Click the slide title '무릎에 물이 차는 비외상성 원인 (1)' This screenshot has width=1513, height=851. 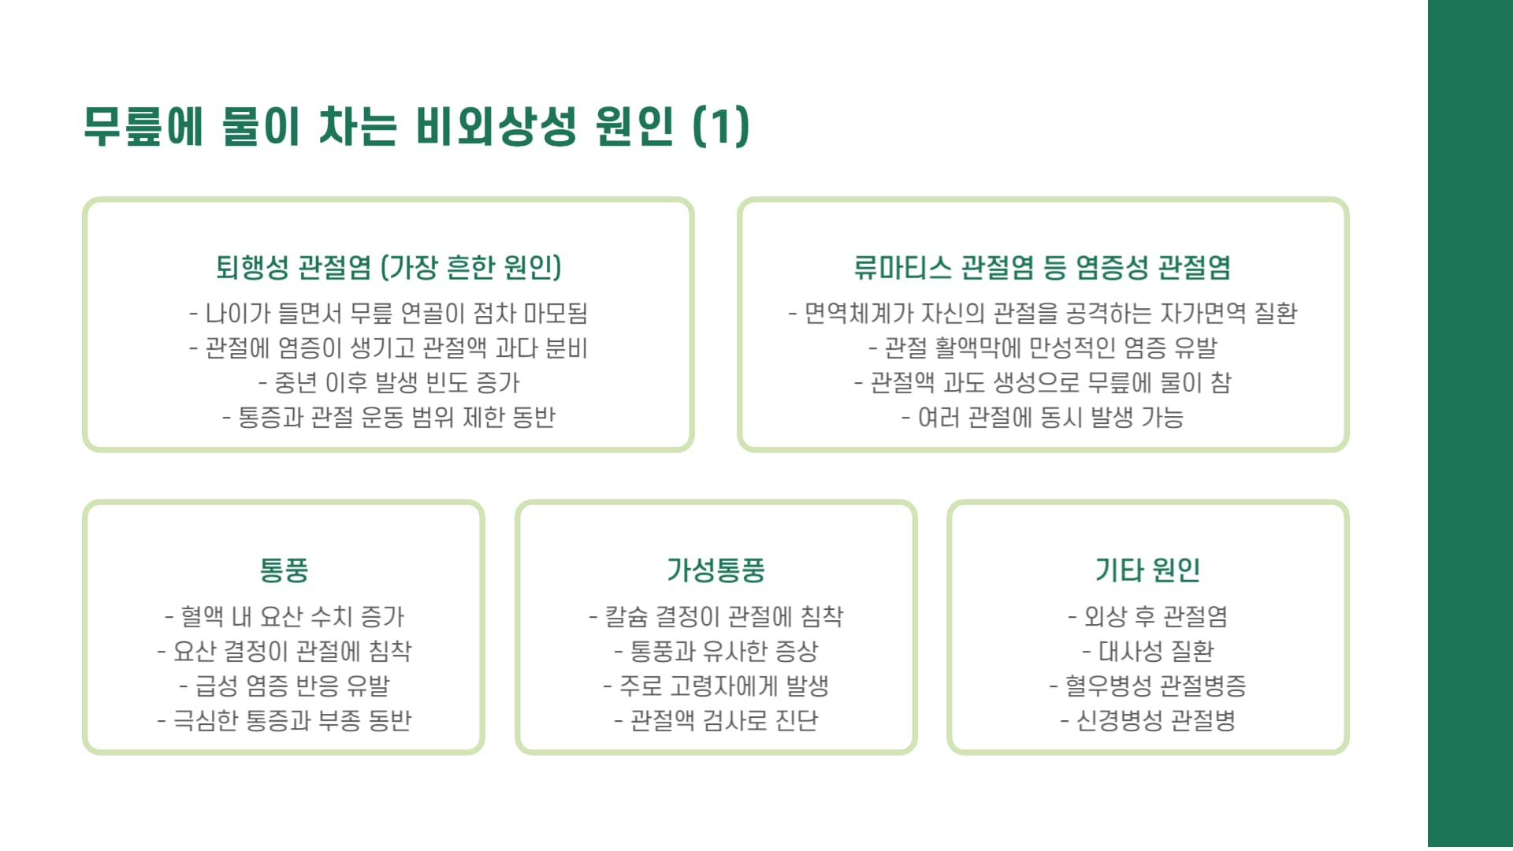(416, 126)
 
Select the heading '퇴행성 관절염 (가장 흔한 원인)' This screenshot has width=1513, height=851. (388, 267)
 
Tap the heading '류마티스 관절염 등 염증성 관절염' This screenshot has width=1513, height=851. (1043, 267)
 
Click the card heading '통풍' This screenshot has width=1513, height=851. (284, 570)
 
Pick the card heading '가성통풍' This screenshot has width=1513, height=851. (716, 570)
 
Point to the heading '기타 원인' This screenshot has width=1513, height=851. (1147, 570)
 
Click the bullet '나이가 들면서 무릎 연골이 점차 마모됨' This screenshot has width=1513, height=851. (388, 314)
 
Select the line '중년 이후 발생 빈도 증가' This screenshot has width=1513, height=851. (388, 383)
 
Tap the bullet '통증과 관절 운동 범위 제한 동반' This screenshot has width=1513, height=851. (388, 417)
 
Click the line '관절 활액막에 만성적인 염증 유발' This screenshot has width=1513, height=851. (1043, 348)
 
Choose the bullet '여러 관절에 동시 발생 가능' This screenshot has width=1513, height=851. (1043, 417)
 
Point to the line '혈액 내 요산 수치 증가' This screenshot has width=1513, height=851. (284, 616)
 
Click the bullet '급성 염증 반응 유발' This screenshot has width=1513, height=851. (284, 686)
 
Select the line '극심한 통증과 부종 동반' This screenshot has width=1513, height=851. (284, 720)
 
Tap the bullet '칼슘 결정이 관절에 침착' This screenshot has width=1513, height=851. (716, 616)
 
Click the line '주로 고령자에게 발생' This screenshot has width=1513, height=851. (716, 686)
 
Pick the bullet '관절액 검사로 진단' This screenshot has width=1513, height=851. (716, 720)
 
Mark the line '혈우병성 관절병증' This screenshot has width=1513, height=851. (1147, 686)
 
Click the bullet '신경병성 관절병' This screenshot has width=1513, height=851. (1147, 720)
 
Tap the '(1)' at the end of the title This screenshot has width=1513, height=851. (721, 126)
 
